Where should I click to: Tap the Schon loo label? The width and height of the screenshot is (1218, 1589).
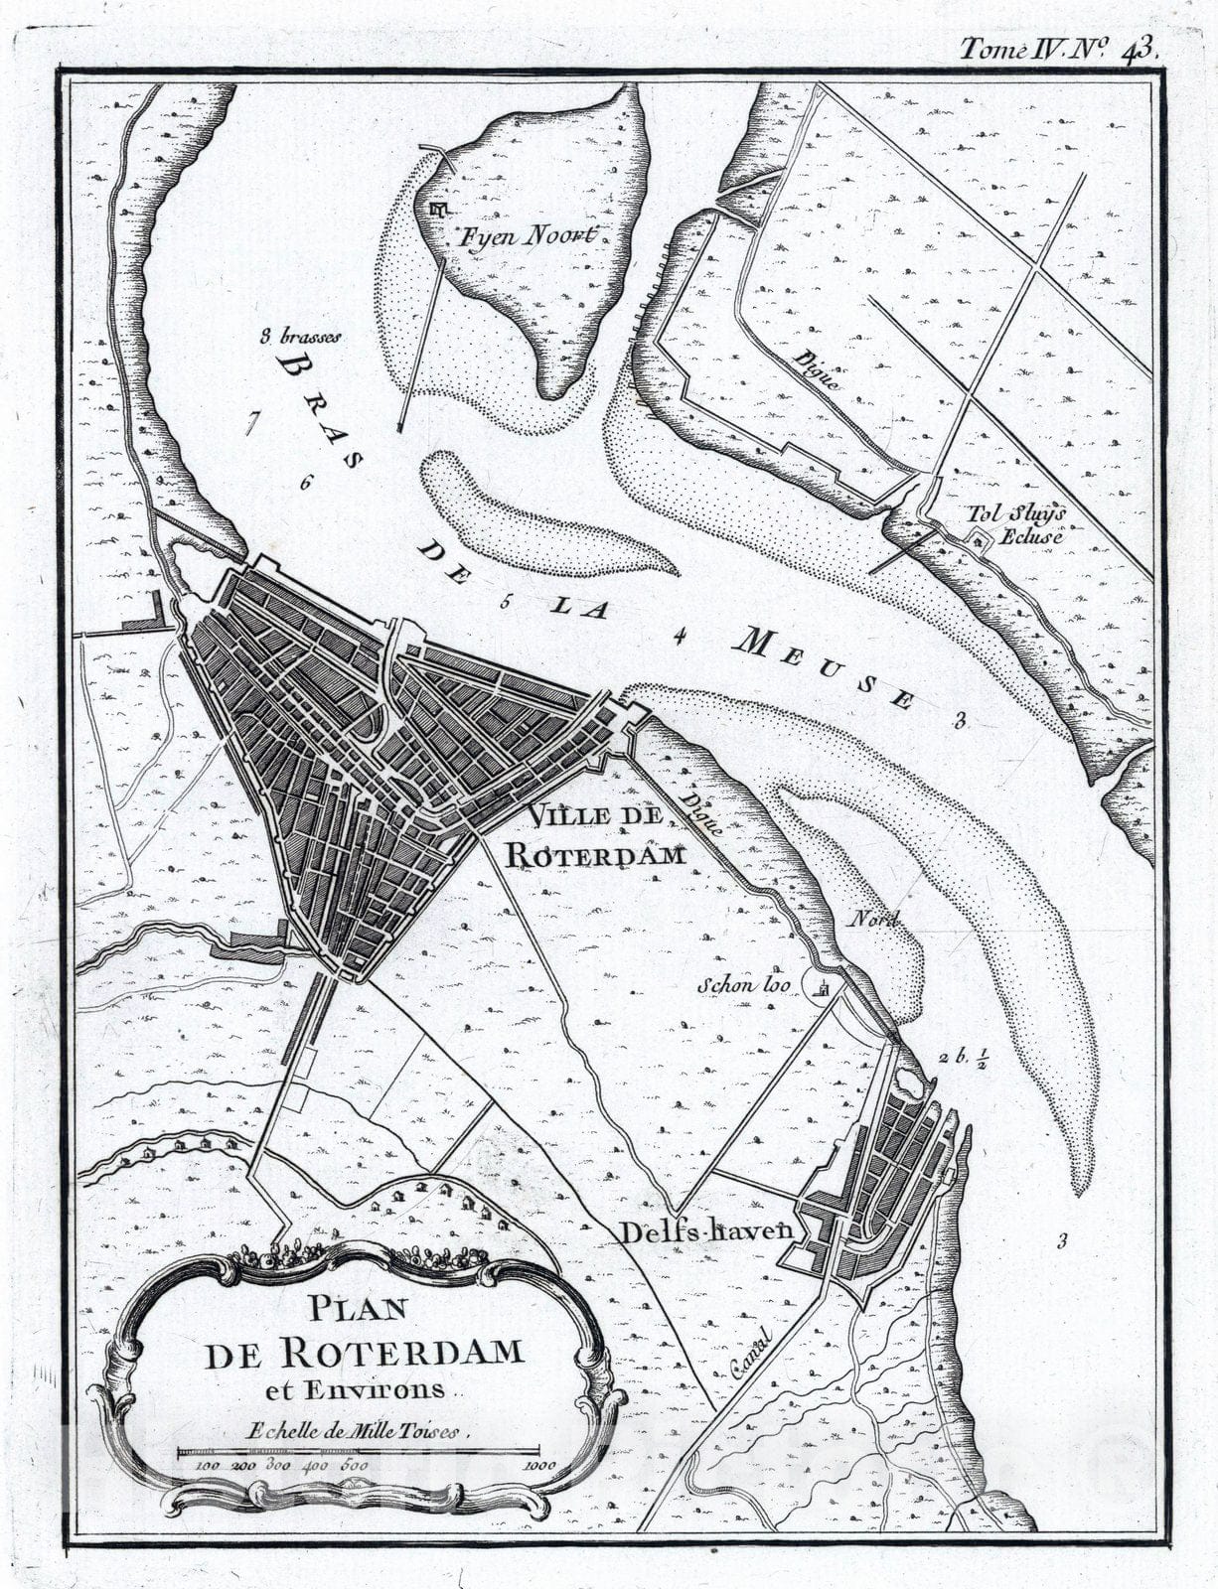click(x=742, y=986)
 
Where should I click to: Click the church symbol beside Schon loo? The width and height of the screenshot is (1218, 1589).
click(x=823, y=986)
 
